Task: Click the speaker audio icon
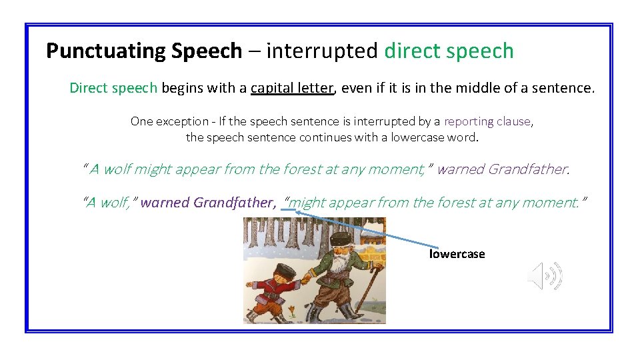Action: click(545, 276)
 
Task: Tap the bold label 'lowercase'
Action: click(457, 254)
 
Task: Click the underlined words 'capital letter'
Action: click(291, 88)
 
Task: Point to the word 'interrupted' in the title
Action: click(323, 51)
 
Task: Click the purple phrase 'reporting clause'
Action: click(487, 121)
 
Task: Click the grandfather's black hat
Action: click(341, 238)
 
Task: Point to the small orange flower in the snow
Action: click(292, 309)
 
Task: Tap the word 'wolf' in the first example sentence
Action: click(117, 169)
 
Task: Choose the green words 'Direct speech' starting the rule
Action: click(113, 88)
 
